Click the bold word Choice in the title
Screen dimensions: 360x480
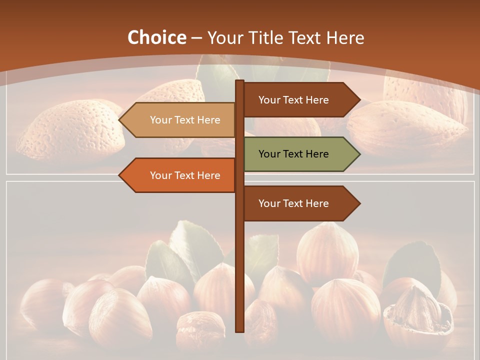[x=156, y=37]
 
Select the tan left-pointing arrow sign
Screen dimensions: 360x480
[x=180, y=120]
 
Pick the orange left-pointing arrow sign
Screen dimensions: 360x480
[x=180, y=175]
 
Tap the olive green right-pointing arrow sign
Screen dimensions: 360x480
[x=297, y=154]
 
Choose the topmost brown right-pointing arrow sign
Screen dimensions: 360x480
[x=297, y=100]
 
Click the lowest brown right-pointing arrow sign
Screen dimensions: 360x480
[x=297, y=203]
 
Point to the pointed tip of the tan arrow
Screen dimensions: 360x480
[x=120, y=120]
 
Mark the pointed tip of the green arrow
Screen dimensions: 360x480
[x=359, y=154]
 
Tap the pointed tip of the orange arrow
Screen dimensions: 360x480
[x=120, y=175]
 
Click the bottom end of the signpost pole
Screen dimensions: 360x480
[x=239, y=330]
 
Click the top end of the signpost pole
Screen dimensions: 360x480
[x=239, y=81]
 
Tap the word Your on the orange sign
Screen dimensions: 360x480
[x=160, y=175]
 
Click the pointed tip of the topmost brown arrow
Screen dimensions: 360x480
[x=359, y=100]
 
